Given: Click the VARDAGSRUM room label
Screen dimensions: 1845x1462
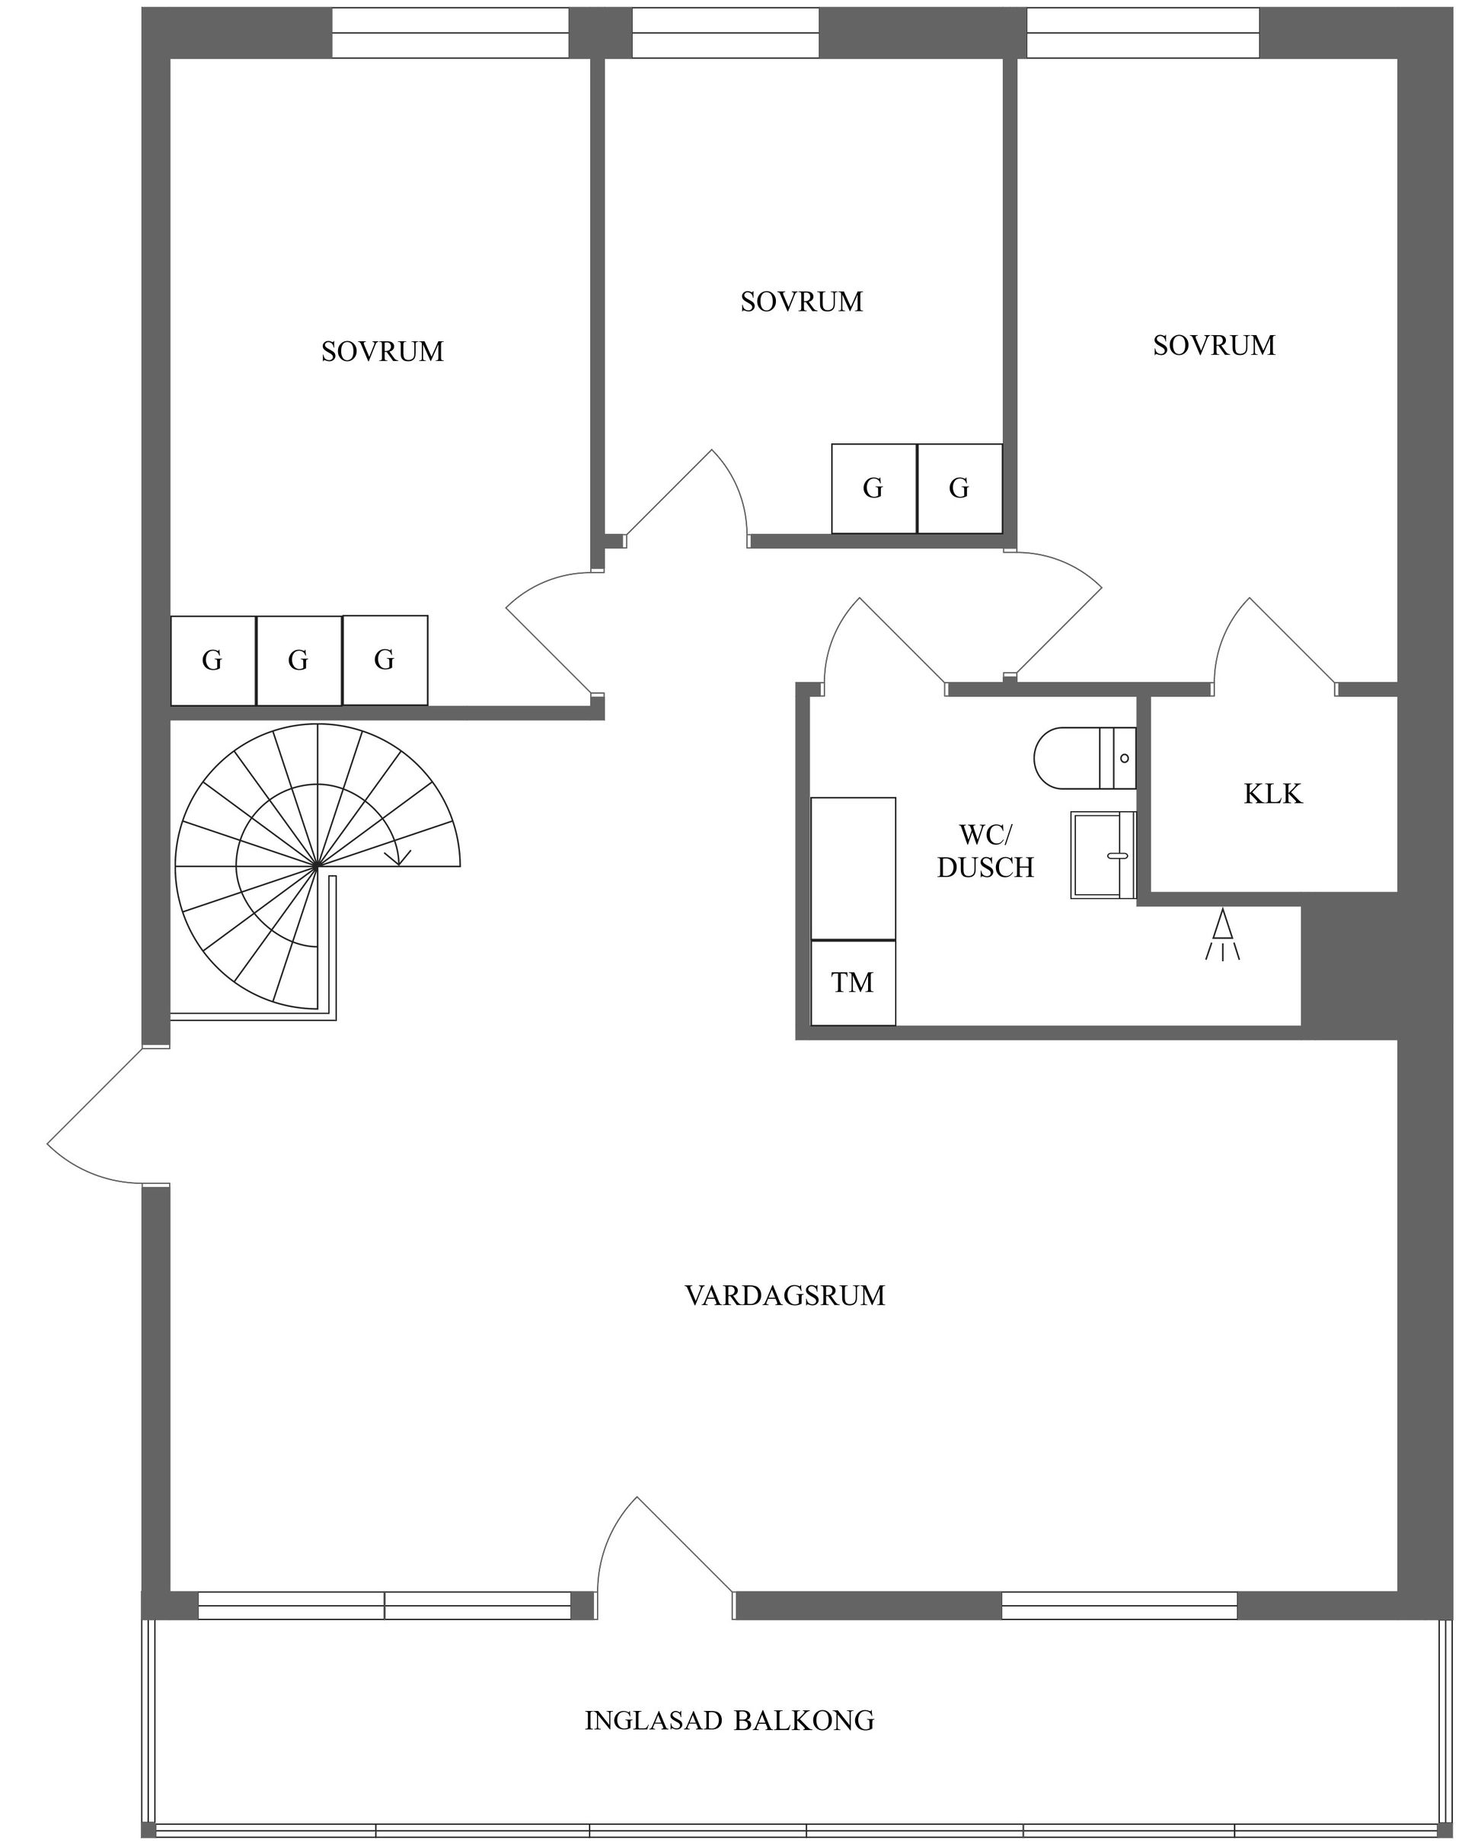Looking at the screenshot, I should pyautogui.click(x=784, y=1295).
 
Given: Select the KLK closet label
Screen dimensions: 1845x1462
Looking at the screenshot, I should pyautogui.click(x=1272, y=793).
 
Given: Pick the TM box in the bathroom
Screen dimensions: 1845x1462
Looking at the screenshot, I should pyautogui.click(x=852, y=983).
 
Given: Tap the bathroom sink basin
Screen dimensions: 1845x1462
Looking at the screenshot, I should pyautogui.click(x=1101, y=854).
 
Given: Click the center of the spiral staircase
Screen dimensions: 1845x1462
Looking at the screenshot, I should pyautogui.click(x=317, y=866).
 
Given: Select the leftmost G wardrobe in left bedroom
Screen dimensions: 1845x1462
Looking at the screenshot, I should pyautogui.click(x=212, y=660).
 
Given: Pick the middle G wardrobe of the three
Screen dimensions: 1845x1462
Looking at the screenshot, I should pyautogui.click(x=298, y=660).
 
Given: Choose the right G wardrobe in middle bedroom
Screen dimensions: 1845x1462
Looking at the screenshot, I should pyautogui.click(x=959, y=488).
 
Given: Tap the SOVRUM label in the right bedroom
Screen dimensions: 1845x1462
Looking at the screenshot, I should pyautogui.click(x=1213, y=345).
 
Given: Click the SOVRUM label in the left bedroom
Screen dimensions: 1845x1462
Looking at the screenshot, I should pyautogui.click(x=382, y=351).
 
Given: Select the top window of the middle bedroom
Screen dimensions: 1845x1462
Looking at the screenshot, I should pyautogui.click(x=725, y=33).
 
